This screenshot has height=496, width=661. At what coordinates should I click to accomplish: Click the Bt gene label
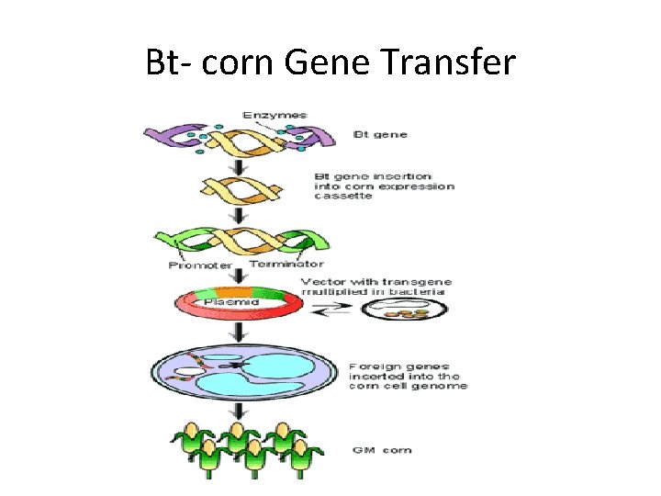[382, 135]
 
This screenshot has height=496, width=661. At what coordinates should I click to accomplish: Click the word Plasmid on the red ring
[231, 300]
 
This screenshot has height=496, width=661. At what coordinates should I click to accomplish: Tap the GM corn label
[380, 450]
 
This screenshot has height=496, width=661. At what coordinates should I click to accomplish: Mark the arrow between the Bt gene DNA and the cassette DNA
[240, 165]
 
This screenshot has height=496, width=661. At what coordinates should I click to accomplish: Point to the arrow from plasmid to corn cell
[240, 333]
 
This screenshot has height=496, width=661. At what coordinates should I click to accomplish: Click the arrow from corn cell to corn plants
[240, 412]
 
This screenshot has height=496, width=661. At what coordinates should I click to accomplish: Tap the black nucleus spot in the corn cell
[241, 366]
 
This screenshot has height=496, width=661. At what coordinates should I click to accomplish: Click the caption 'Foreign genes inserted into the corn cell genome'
[408, 377]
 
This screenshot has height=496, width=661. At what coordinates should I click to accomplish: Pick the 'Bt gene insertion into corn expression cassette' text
[384, 186]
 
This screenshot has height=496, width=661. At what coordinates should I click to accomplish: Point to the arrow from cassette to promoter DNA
[240, 216]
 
